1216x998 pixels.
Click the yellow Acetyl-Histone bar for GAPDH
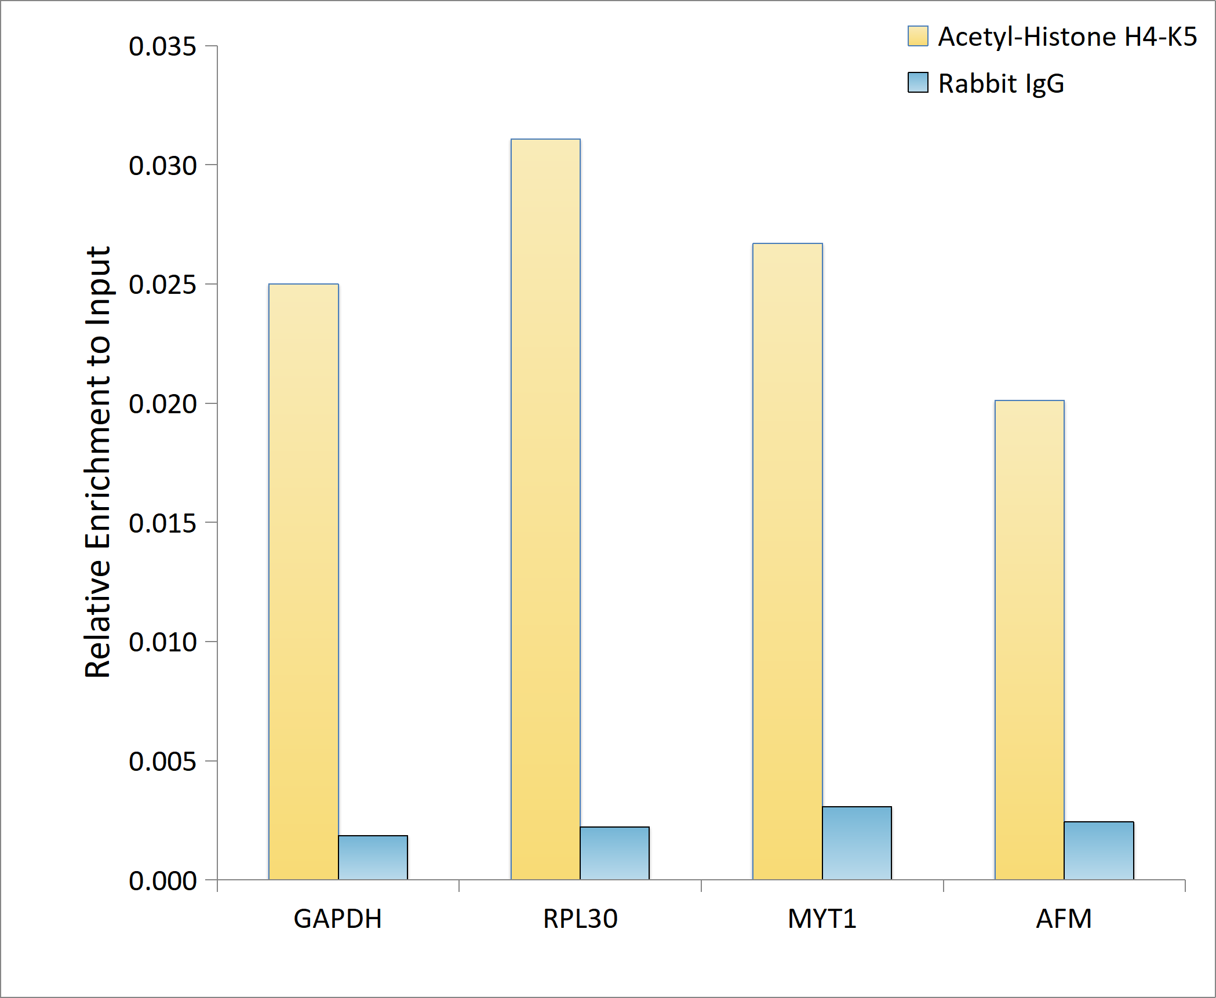[x=303, y=581]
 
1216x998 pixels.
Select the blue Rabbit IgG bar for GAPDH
[x=373, y=857]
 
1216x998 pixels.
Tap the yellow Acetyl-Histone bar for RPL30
[x=545, y=509]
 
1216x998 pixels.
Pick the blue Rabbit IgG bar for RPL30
[x=614, y=853]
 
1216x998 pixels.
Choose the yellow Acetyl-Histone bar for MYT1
[x=787, y=561]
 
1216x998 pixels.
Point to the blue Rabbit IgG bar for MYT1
[x=857, y=843]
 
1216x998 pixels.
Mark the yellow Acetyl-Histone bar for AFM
[x=1029, y=639]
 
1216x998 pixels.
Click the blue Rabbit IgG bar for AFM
[x=1098, y=850]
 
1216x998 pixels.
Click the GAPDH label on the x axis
[x=337, y=919]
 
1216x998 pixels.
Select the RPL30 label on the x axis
[x=580, y=919]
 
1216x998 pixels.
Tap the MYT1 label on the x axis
[x=822, y=919]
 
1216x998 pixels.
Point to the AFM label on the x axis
[x=1064, y=919]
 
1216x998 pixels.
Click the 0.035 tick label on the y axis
[x=162, y=46]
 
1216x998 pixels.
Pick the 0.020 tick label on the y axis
[x=162, y=404]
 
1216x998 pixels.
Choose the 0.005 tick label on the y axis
[x=162, y=762]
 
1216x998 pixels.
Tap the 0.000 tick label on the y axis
[x=162, y=881]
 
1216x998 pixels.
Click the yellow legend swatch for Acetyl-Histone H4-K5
[x=918, y=36]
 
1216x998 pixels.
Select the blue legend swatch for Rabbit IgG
[x=918, y=82]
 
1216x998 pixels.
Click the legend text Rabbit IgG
[x=1001, y=83]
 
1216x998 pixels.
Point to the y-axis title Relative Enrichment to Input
[x=97, y=462]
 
